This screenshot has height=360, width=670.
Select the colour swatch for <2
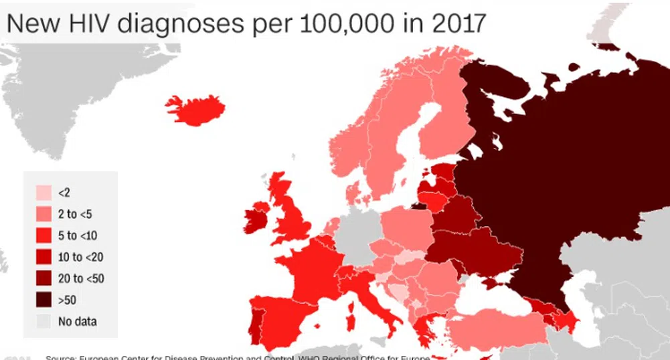point(44,193)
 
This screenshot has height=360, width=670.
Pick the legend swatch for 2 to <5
point(44,214)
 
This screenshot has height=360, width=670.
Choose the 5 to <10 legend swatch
point(44,236)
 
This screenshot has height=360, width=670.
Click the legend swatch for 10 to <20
point(44,257)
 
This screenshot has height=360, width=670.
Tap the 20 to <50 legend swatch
point(44,278)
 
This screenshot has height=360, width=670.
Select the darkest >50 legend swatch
point(44,300)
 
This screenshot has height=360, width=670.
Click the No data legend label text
point(77,322)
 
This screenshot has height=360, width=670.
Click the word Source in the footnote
point(63,357)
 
